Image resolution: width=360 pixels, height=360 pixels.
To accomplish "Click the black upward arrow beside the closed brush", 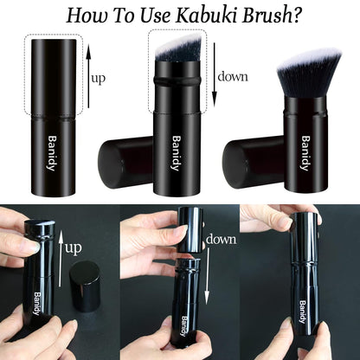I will [x=88, y=78].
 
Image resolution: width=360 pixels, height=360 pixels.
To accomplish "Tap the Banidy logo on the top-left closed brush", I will [x=54, y=154].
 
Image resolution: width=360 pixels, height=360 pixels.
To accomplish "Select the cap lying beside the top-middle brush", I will [x=125, y=160].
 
